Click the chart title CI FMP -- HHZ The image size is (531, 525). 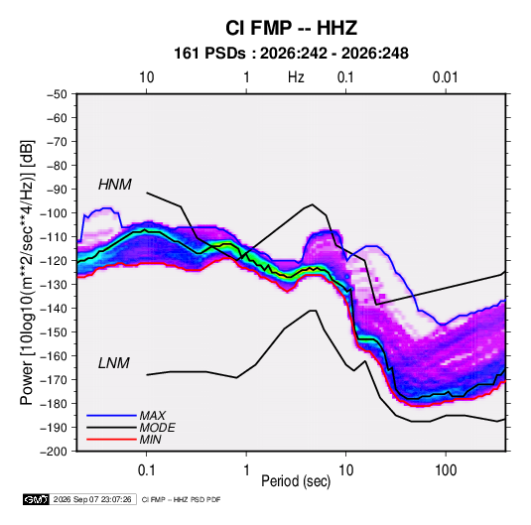pyautogui.click(x=291, y=28)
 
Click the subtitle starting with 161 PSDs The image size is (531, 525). pyautogui.click(x=291, y=54)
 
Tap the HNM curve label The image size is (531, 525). pyautogui.click(x=115, y=185)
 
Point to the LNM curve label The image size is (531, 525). pyautogui.click(x=114, y=363)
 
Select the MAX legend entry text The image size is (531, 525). pyautogui.click(x=153, y=416)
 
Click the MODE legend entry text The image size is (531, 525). pyautogui.click(x=157, y=428)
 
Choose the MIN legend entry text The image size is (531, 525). pyautogui.click(x=150, y=440)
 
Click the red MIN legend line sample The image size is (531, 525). pyautogui.click(x=111, y=440)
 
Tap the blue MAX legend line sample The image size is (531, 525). pyautogui.click(x=111, y=416)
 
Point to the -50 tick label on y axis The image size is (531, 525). pyautogui.click(x=57, y=94)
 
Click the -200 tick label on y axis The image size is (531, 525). pyautogui.click(x=54, y=452)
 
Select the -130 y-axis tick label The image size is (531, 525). pyautogui.click(x=54, y=285)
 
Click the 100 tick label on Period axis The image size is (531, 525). pyautogui.click(x=446, y=470)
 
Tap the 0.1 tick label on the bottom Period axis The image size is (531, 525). pyautogui.click(x=146, y=470)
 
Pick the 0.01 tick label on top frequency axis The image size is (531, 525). pyautogui.click(x=445, y=77)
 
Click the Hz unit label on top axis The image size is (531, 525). pyautogui.click(x=296, y=77)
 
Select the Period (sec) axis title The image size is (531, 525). pyautogui.click(x=296, y=481)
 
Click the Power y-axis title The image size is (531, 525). pyautogui.click(x=28, y=272)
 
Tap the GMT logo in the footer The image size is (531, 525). pyautogui.click(x=37, y=499)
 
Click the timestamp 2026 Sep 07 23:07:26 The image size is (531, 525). pyautogui.click(x=92, y=499)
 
